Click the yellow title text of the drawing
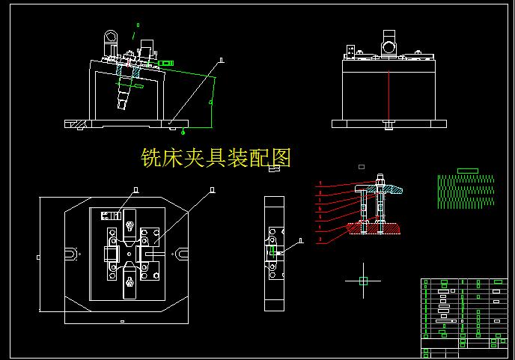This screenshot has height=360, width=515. click(x=216, y=158)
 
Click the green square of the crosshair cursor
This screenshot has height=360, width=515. click(x=363, y=281)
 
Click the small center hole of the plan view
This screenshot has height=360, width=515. click(x=129, y=254)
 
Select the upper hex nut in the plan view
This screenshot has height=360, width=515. click(x=129, y=225)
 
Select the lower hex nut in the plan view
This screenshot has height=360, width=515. click(x=129, y=282)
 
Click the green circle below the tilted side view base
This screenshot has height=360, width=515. click(x=183, y=132)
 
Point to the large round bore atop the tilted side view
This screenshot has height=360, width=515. click(x=110, y=37)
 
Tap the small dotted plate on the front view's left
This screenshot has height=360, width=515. click(x=350, y=51)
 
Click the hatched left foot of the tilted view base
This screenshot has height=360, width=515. click(x=76, y=122)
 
